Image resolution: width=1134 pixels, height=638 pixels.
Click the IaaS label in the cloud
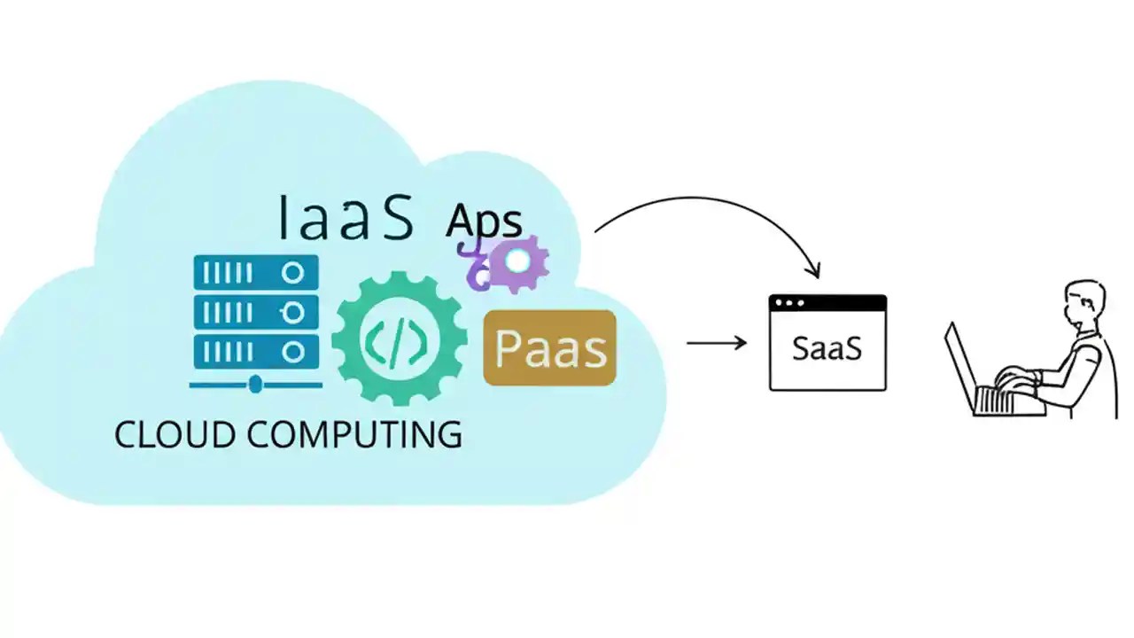(x=346, y=217)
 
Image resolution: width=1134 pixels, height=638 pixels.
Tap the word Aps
(x=484, y=222)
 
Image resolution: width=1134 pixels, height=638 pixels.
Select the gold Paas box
(x=549, y=347)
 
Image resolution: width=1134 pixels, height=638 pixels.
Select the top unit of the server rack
(x=255, y=273)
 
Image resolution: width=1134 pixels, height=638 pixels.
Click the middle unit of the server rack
(x=255, y=312)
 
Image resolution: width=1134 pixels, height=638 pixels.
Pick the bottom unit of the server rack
(x=255, y=351)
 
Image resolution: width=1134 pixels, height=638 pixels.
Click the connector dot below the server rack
(x=255, y=384)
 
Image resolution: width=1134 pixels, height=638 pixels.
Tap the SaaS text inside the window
(x=827, y=347)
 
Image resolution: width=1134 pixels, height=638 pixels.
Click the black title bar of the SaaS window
(x=827, y=303)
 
